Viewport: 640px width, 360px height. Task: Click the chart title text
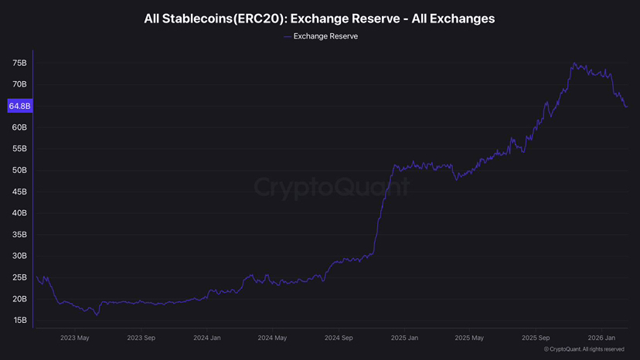[319, 18]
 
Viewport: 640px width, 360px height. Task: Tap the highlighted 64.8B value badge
[18, 106]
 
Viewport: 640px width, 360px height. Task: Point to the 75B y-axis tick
[19, 63]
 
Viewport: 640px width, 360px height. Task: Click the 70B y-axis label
[19, 84]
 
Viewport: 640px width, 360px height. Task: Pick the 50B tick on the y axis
[19, 170]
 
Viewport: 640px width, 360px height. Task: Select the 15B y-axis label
[19, 320]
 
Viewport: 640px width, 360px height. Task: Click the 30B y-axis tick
[19, 256]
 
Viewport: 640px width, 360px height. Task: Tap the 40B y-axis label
[19, 213]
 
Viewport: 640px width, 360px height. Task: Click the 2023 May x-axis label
[75, 338]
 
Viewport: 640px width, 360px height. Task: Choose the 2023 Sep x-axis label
[142, 338]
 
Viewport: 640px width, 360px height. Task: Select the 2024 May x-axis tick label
[272, 338]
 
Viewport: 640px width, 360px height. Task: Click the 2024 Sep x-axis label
[339, 338]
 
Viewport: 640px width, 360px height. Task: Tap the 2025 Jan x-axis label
[405, 338]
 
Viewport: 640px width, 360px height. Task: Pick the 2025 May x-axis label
[469, 338]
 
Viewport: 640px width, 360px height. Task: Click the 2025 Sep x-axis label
[536, 338]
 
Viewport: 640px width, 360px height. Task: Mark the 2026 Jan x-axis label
[601, 338]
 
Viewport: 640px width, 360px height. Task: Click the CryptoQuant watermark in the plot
[332, 188]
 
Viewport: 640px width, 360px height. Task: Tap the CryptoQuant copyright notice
[584, 350]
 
